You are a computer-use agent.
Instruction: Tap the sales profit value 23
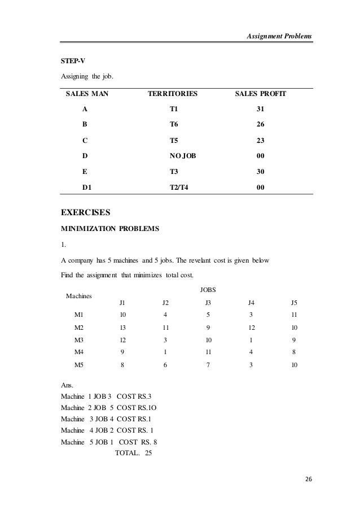tap(260, 140)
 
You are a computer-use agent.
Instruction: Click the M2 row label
tap(80, 328)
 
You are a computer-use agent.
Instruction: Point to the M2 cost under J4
tap(252, 328)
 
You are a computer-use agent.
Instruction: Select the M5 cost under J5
tap(294, 365)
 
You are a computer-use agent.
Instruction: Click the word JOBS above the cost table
tap(208, 290)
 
